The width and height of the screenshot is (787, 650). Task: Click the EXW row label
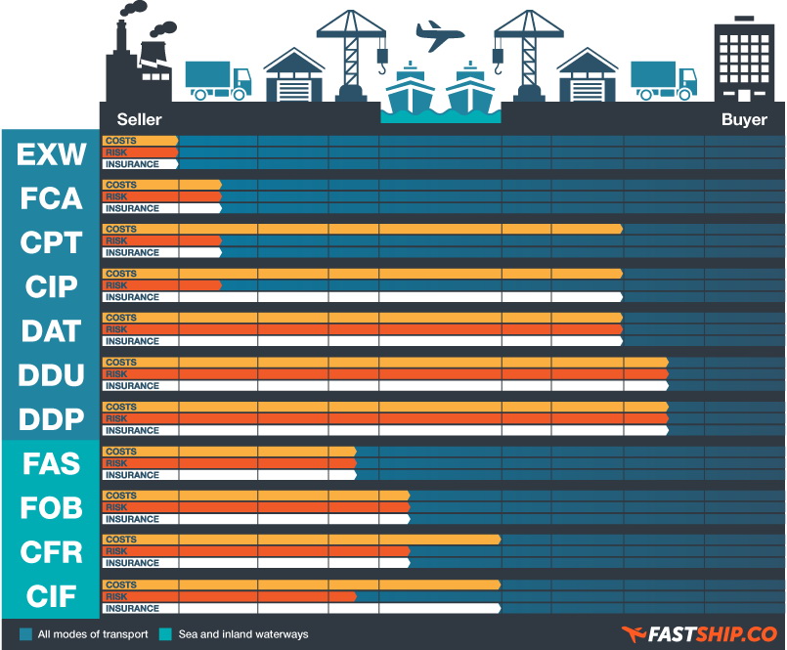(51, 154)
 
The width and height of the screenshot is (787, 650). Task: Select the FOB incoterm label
(51, 508)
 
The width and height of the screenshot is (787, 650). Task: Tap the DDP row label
(51, 419)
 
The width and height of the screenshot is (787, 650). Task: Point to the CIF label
(51, 596)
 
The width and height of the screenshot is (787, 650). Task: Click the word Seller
(139, 119)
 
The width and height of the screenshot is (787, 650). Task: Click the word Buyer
(744, 119)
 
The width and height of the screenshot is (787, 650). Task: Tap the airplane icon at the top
(440, 36)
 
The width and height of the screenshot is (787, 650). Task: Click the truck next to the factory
(217, 80)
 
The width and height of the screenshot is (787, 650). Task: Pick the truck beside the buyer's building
(663, 80)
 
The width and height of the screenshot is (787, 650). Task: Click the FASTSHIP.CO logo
(698, 634)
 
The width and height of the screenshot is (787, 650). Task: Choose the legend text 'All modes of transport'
(93, 634)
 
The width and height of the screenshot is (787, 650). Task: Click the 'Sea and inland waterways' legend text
(243, 634)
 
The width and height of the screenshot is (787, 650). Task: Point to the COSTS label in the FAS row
(121, 451)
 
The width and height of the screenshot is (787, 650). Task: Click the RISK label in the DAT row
(116, 329)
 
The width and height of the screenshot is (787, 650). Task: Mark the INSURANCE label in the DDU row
(132, 386)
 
